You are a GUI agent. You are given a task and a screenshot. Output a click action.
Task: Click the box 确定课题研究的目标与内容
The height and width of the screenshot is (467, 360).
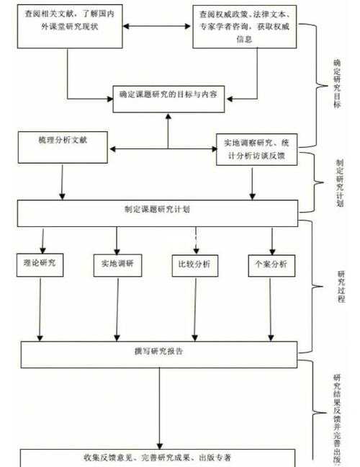[168, 95]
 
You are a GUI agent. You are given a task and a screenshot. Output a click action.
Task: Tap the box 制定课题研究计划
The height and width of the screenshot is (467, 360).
[157, 211]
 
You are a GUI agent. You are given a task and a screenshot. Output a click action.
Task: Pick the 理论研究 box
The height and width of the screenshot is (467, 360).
[40, 264]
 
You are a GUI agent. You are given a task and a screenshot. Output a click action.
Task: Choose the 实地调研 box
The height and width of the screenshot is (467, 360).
[117, 265]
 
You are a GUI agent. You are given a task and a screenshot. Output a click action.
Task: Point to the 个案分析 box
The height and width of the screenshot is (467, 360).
[271, 265]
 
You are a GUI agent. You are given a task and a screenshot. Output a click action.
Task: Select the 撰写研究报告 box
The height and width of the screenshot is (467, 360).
[158, 352]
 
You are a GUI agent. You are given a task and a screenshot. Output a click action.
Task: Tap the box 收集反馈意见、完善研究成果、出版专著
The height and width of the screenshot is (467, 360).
[157, 458]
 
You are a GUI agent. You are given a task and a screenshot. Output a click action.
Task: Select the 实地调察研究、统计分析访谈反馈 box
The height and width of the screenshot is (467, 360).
[256, 148]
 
